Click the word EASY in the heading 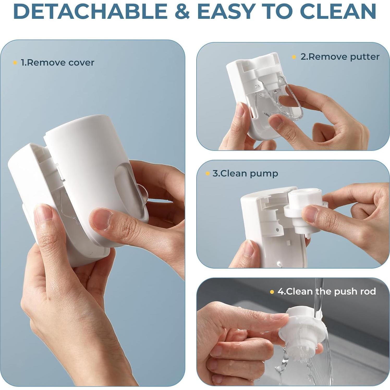pos(226,11)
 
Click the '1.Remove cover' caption pos(57,63)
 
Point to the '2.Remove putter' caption pos(340,57)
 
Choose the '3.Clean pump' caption pos(245,173)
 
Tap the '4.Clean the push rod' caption pos(327,291)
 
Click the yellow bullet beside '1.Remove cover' pos(15,63)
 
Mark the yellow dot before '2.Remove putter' pos(294,57)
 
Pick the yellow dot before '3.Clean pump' pos(208,173)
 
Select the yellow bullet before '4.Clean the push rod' pos(272,292)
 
